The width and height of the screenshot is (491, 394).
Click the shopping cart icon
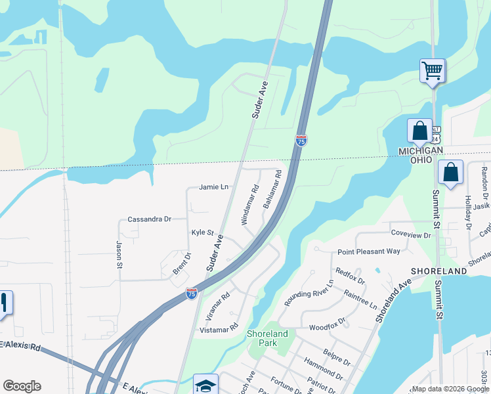coord(433,70)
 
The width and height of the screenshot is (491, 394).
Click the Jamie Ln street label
coord(215,187)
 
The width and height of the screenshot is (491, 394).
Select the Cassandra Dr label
coord(149,219)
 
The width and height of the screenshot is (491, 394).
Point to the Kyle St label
coord(203,232)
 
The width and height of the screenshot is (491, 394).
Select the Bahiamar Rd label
coord(272,190)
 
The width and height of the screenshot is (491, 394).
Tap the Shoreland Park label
coord(267,338)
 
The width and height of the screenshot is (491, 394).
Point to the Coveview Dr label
coord(411,234)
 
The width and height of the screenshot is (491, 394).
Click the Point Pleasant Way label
coord(368,252)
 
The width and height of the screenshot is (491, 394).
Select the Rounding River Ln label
coord(309,293)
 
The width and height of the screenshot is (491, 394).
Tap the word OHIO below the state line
coord(421,160)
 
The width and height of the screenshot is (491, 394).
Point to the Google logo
coord(22,386)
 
